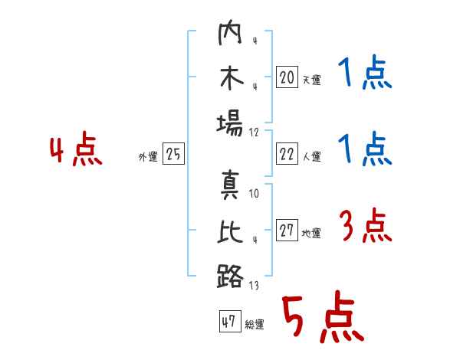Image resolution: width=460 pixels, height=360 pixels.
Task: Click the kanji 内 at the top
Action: click(x=230, y=32)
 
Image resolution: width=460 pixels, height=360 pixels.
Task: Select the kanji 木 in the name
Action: click(x=232, y=78)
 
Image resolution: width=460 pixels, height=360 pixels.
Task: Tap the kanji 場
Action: click(x=230, y=123)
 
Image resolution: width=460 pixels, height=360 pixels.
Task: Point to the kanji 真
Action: click(x=230, y=185)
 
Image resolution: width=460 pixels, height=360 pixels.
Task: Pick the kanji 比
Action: click(x=231, y=231)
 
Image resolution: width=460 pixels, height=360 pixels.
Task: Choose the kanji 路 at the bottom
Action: click(x=230, y=276)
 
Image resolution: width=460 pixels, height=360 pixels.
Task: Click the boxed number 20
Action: click(x=287, y=77)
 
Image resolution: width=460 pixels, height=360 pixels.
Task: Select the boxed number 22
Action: click(x=287, y=154)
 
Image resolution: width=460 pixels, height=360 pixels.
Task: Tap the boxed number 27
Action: click(x=287, y=230)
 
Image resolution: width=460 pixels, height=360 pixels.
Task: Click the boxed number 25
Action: click(x=173, y=153)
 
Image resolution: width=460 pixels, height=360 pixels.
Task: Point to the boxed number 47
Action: click(x=230, y=321)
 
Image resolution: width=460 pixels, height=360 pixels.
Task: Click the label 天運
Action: click(x=312, y=80)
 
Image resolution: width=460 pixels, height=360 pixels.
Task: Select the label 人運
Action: click(x=312, y=156)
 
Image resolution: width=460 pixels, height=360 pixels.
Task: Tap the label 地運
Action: click(x=311, y=234)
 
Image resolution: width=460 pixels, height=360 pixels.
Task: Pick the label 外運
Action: click(x=148, y=157)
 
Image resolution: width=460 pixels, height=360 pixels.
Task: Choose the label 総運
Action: click(x=255, y=325)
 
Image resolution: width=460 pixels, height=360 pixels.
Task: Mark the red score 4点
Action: click(x=76, y=149)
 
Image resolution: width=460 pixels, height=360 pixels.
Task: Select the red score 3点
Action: click(x=365, y=225)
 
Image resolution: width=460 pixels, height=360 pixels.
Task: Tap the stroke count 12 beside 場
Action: click(x=254, y=133)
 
